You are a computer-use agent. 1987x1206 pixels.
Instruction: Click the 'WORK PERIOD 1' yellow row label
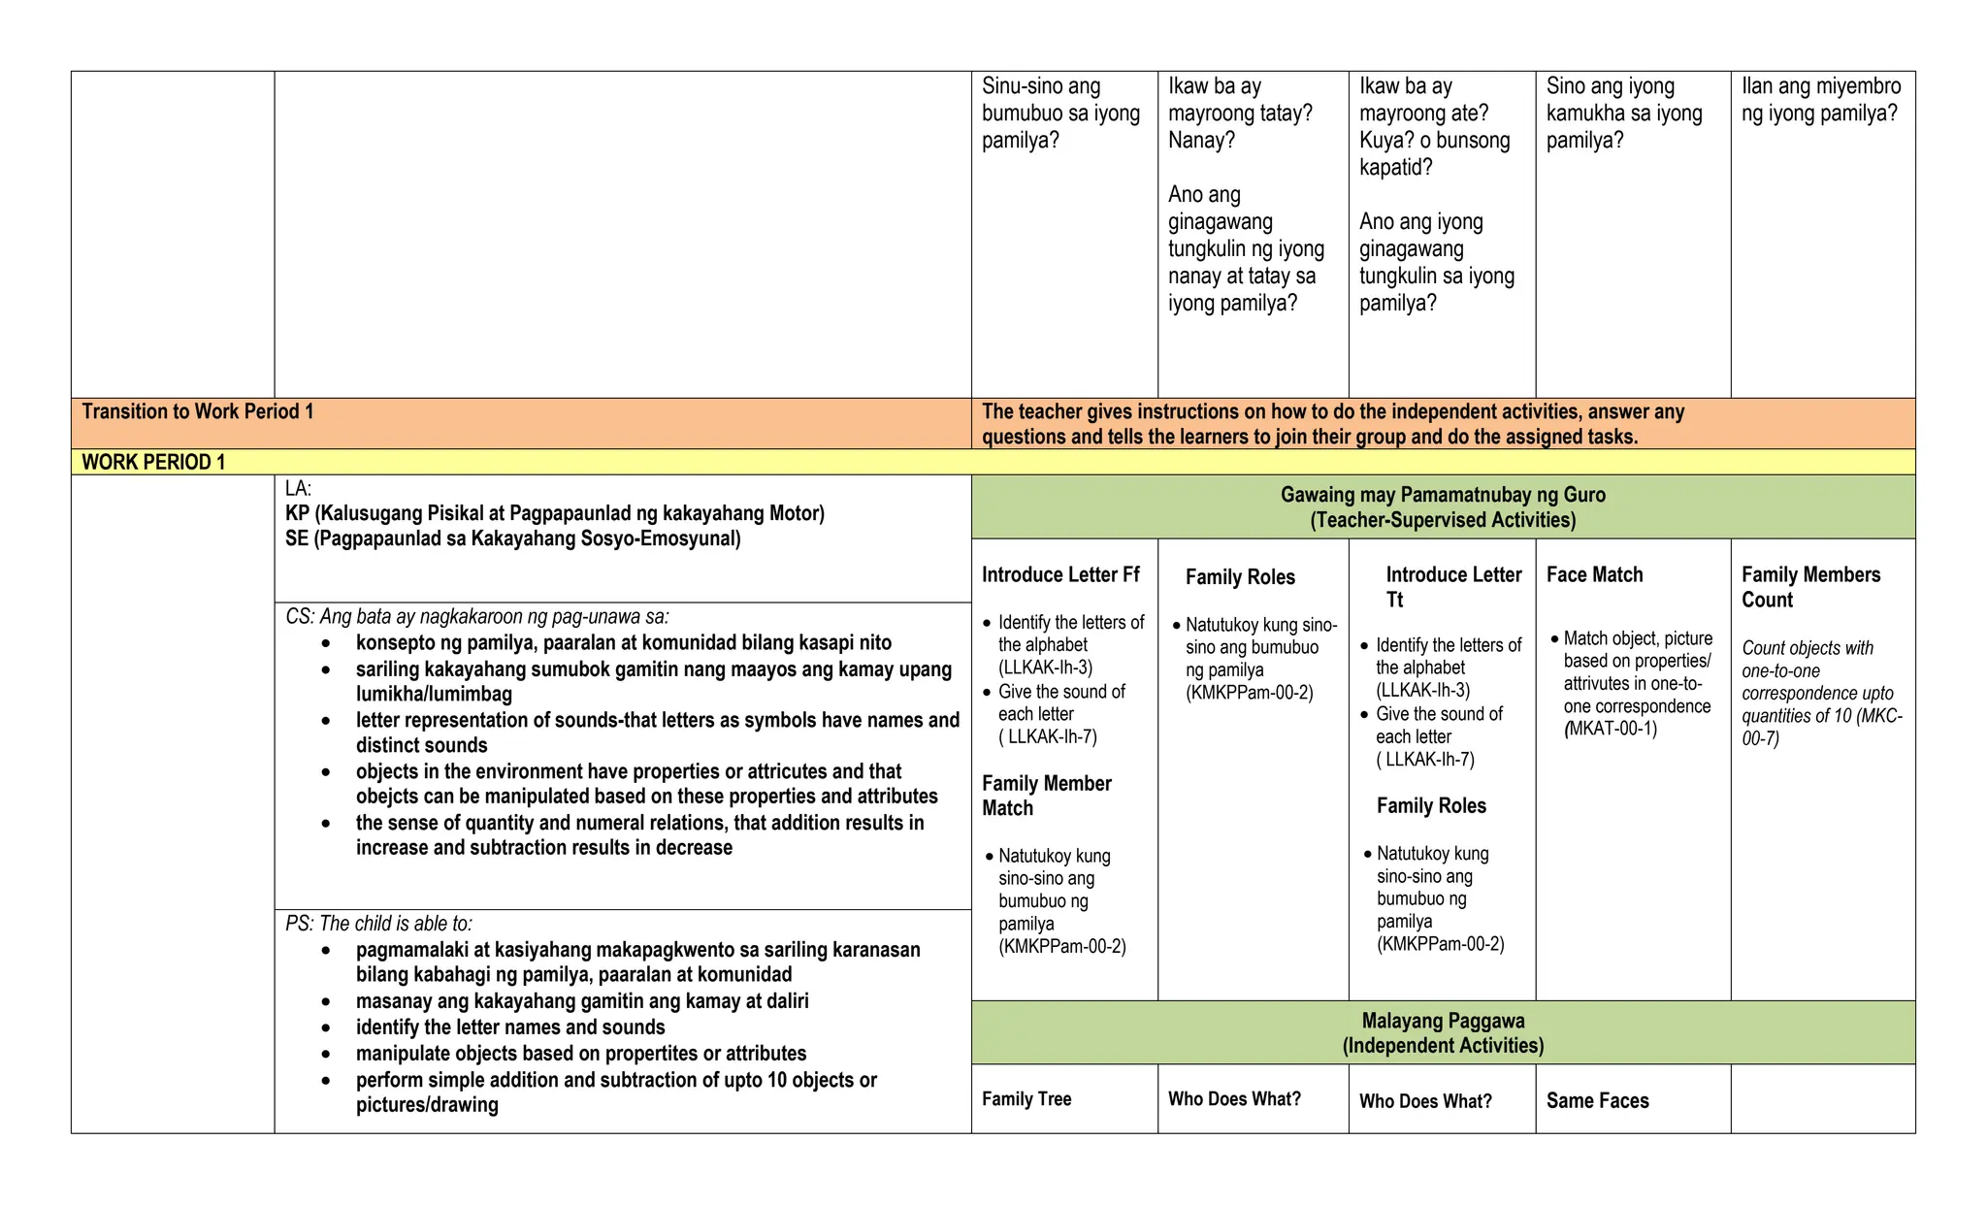[x=153, y=462]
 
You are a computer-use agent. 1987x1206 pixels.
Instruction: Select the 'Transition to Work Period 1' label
[x=198, y=411]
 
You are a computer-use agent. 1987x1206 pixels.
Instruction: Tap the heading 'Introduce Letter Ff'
[x=1060, y=574]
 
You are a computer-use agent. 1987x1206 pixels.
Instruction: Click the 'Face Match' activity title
[x=1594, y=574]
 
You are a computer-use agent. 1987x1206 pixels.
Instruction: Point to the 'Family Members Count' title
[x=1810, y=587]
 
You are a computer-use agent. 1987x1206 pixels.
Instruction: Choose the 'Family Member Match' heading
[x=1046, y=796]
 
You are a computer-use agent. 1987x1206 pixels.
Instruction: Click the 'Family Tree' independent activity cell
[x=1026, y=1099]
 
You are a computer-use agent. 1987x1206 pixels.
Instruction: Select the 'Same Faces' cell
[x=1597, y=1100]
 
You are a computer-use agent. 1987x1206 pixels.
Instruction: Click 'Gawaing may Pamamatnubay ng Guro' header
[x=1443, y=495]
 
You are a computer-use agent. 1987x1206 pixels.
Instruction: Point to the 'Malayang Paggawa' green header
[x=1443, y=1021]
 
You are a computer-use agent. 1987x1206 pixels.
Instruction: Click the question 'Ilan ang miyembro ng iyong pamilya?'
[x=1820, y=100]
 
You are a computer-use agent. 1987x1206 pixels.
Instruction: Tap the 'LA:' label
[x=298, y=489]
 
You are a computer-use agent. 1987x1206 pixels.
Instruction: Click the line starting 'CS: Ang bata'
[x=476, y=617]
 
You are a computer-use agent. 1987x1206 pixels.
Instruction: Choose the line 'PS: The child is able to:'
[x=378, y=924]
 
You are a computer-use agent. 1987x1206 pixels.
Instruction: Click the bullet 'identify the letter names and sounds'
[x=510, y=1027]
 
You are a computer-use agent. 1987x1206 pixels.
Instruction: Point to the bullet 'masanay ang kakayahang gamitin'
[x=582, y=1000]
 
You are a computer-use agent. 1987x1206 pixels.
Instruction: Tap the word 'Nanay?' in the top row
[x=1201, y=141]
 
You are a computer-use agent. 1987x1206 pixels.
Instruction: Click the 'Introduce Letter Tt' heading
[x=1452, y=587]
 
